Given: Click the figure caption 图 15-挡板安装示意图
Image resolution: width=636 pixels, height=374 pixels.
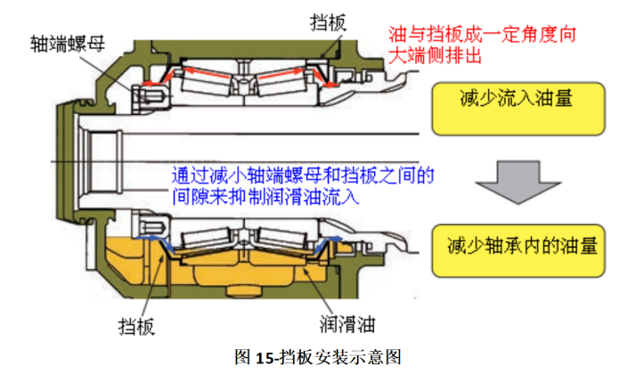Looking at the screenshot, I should coord(317,358).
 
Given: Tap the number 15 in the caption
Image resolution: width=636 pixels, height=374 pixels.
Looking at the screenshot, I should coord(263,358).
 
